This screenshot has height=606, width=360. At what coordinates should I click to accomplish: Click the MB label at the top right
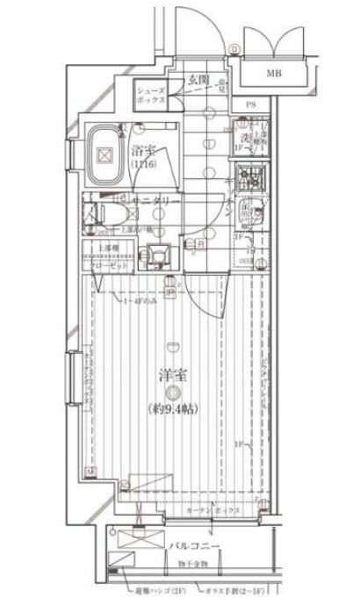276,74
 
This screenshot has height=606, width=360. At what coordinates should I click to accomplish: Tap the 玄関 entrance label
197,81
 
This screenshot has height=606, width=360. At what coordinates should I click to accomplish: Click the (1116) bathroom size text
143,164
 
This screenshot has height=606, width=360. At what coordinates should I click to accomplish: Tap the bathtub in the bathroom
105,156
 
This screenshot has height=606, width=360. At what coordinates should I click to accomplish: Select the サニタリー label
157,201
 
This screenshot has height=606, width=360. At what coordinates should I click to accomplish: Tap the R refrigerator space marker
201,245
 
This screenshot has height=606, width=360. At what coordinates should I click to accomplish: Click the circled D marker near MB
234,49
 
